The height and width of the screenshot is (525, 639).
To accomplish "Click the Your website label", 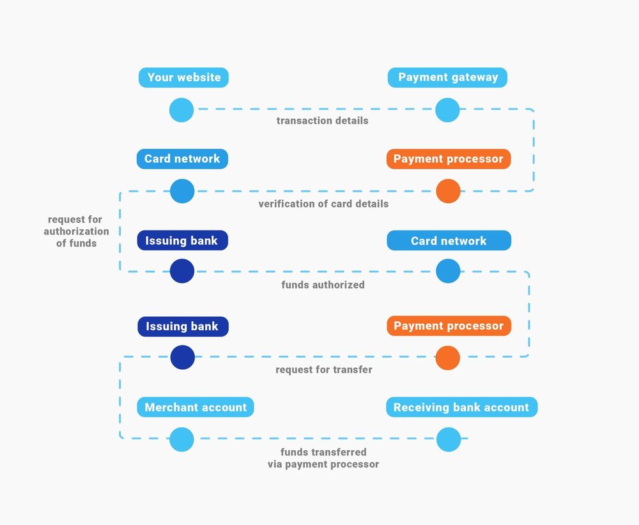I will coord(183,78).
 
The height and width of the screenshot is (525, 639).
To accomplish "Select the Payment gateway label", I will coord(447,78).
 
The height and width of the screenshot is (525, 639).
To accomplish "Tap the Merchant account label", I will coord(196,407).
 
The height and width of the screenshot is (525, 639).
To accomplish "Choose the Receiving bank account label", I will coord(461,407).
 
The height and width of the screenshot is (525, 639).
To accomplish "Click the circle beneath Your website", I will coord(181,110).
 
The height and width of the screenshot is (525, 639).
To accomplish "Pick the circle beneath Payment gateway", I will coord(447,110).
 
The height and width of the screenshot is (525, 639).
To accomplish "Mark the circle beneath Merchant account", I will coord(181,439).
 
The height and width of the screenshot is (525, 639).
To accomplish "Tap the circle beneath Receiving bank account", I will coord(449,439).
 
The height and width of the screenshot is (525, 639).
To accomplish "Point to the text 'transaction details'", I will coord(322,121).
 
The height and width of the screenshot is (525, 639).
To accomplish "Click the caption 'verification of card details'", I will coord(323,204).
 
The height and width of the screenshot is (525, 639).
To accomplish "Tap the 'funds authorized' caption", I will coord(323,285).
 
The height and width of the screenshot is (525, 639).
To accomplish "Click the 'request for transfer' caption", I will coord(323,370).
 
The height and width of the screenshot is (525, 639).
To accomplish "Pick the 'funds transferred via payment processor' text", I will coord(323,459).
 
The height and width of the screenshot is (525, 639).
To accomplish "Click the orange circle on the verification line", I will coord(448,191).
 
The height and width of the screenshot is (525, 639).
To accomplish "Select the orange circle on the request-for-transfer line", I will coord(448,358).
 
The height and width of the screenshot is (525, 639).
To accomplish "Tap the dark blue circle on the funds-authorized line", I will coord(182,271).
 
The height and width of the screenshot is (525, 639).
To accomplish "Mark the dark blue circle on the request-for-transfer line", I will coord(182,357).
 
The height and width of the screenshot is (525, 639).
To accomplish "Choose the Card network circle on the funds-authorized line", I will coord(448,271).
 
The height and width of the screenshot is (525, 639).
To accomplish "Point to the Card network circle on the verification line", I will coord(182,191).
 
